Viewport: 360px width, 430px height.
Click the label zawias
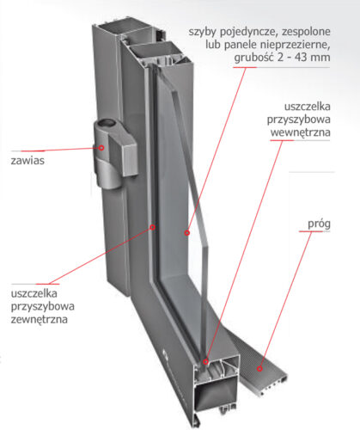pos(27,161)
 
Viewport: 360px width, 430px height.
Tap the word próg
pos(319,224)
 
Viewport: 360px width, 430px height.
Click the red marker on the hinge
pos(101,148)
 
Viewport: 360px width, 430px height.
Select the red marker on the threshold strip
pos(259,369)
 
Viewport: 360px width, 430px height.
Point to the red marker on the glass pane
pos(187,233)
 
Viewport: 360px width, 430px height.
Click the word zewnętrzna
pos(40,319)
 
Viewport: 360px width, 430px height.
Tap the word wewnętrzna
pos(301,132)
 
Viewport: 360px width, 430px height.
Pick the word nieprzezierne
pos(296,45)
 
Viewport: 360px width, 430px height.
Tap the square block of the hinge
pos(124,157)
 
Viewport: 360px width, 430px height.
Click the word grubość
pos(254,58)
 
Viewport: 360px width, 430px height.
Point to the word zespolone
pos(306,32)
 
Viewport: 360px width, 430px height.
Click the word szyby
pos(202,32)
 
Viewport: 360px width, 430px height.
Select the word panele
pos(241,46)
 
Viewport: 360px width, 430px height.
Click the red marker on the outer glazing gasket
pos(153,227)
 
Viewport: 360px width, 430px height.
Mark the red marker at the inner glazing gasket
pos(205,362)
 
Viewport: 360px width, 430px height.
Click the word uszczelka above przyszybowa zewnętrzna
pos(34,293)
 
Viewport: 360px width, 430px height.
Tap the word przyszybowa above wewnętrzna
pos(299,120)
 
